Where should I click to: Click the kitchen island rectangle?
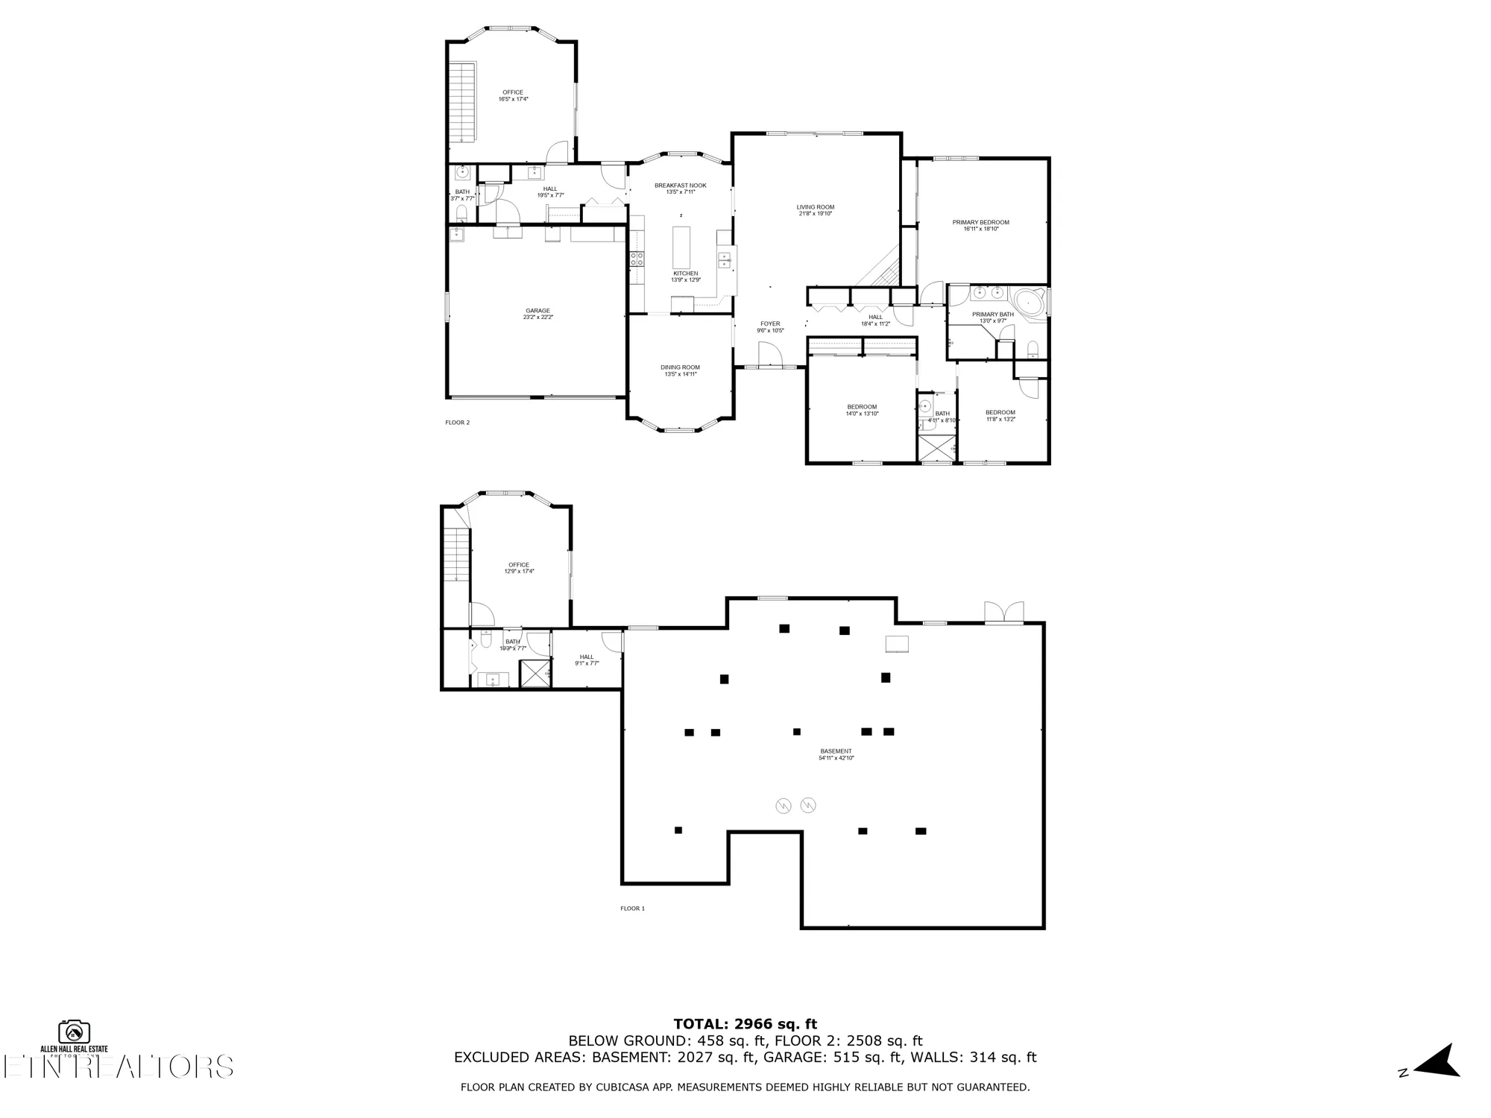(x=681, y=247)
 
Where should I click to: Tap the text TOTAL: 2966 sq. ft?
(x=745, y=1024)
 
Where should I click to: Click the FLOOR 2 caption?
(x=457, y=423)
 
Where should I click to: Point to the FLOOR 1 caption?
(x=632, y=909)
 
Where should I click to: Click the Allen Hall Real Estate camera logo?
(x=75, y=1032)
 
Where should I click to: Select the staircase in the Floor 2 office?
(x=462, y=101)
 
